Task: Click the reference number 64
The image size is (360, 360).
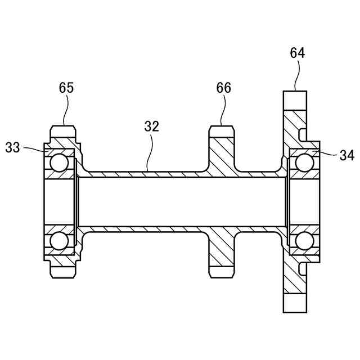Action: click(298, 53)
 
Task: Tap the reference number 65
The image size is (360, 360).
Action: click(66, 88)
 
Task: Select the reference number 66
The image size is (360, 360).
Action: click(224, 88)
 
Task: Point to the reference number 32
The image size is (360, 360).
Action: click(152, 126)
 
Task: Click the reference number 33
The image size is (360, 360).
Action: click(12, 147)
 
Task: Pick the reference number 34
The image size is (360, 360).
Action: click(347, 155)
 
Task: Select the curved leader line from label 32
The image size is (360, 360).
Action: click(149, 152)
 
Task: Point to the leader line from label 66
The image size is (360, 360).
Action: click(224, 110)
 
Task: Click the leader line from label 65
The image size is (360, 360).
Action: click(67, 110)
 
